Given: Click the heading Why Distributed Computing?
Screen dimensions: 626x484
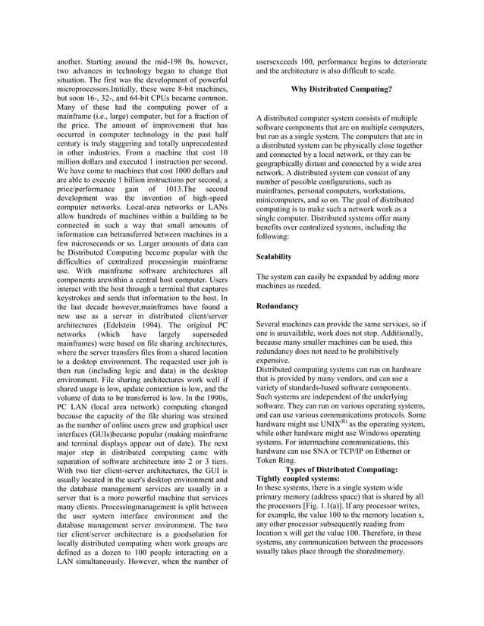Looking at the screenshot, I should (x=341, y=89).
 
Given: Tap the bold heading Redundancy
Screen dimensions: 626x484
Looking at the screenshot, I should (x=278, y=305).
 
